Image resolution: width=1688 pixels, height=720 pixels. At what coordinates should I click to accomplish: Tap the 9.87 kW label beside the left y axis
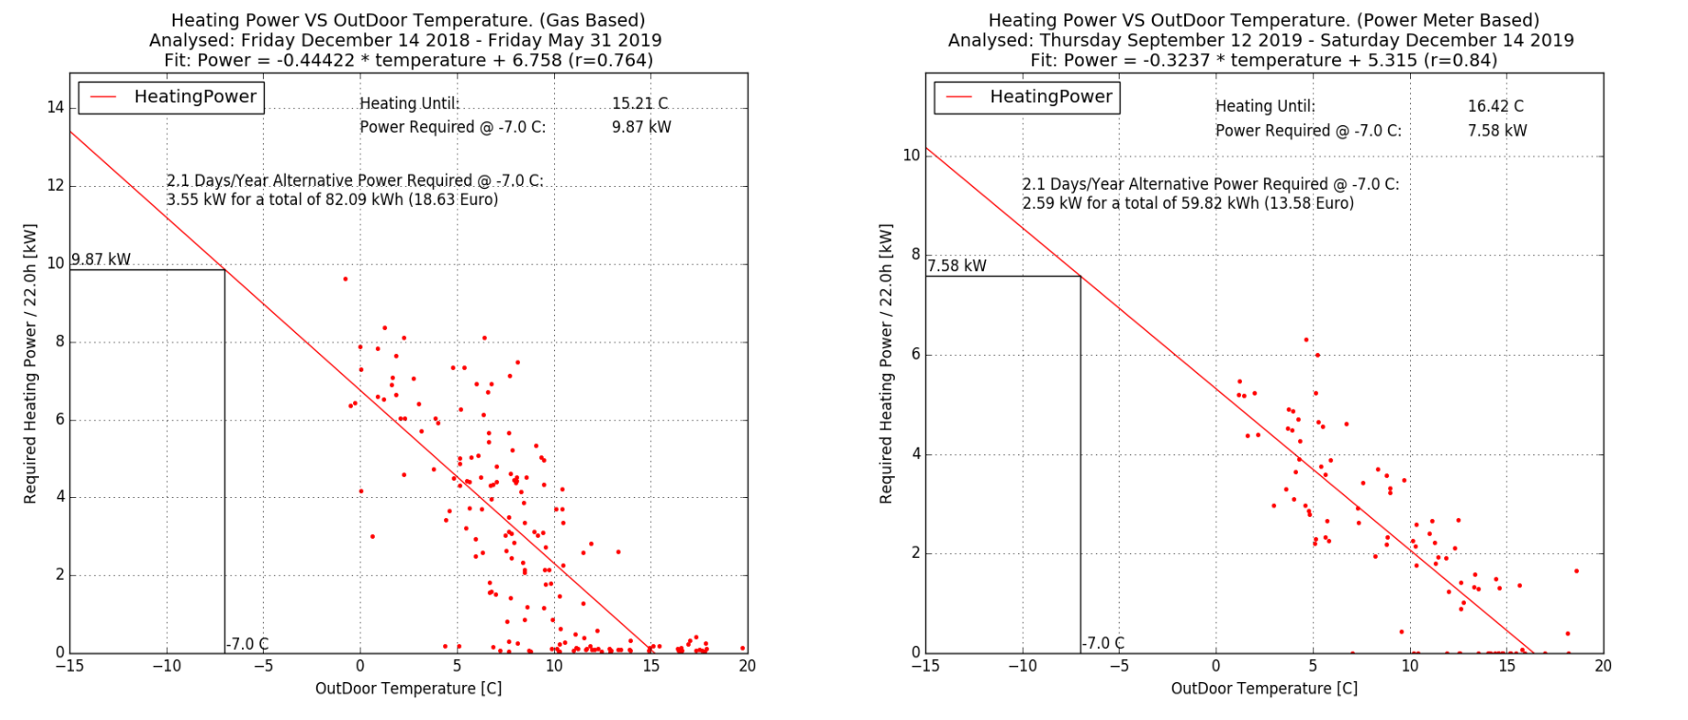(x=101, y=259)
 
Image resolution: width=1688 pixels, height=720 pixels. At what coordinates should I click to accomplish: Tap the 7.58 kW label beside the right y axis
(x=956, y=266)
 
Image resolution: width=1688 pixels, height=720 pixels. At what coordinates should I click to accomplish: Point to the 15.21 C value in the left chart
(x=640, y=103)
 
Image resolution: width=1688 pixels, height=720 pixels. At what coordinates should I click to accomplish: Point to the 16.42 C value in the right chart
(x=1495, y=106)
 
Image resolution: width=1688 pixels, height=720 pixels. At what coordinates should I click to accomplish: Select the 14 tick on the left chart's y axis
(x=55, y=107)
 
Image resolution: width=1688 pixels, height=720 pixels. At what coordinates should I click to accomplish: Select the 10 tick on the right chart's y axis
(x=911, y=156)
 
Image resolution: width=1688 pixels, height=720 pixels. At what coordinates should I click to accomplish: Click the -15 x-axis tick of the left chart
(x=69, y=666)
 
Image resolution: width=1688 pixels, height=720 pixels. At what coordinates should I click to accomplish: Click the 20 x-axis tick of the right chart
(x=1603, y=666)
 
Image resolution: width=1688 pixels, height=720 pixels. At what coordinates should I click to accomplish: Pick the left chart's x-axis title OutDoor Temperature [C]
(x=408, y=689)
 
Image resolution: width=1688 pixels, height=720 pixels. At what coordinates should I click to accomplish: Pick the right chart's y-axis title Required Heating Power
(x=886, y=363)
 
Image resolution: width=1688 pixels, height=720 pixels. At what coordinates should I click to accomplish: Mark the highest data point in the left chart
(x=345, y=279)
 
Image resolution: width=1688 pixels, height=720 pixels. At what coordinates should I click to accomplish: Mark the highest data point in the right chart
(x=1306, y=340)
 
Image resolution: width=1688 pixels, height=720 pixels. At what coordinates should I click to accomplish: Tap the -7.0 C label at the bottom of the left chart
(x=248, y=643)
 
